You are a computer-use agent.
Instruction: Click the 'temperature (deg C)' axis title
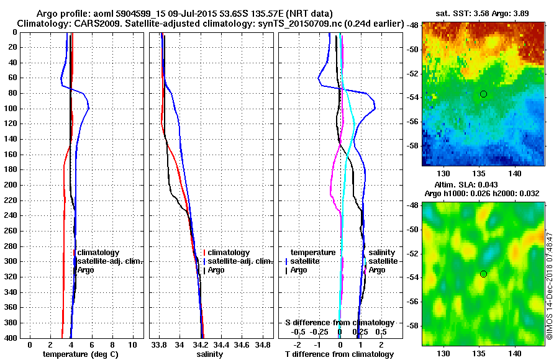pos(80,354)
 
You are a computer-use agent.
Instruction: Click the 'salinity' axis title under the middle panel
pos(211,354)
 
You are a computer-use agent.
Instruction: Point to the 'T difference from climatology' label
pos(339,354)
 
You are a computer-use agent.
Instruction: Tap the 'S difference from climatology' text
pos(339,323)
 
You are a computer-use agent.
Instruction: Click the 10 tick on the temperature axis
pos(132,344)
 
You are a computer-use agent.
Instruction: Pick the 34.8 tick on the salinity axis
pos(263,344)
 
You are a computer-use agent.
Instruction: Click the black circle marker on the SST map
pos(483,94)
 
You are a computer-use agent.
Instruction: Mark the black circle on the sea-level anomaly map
pos(483,274)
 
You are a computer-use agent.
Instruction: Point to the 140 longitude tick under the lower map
pos(515,353)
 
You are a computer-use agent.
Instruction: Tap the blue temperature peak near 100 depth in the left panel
pos(89,108)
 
